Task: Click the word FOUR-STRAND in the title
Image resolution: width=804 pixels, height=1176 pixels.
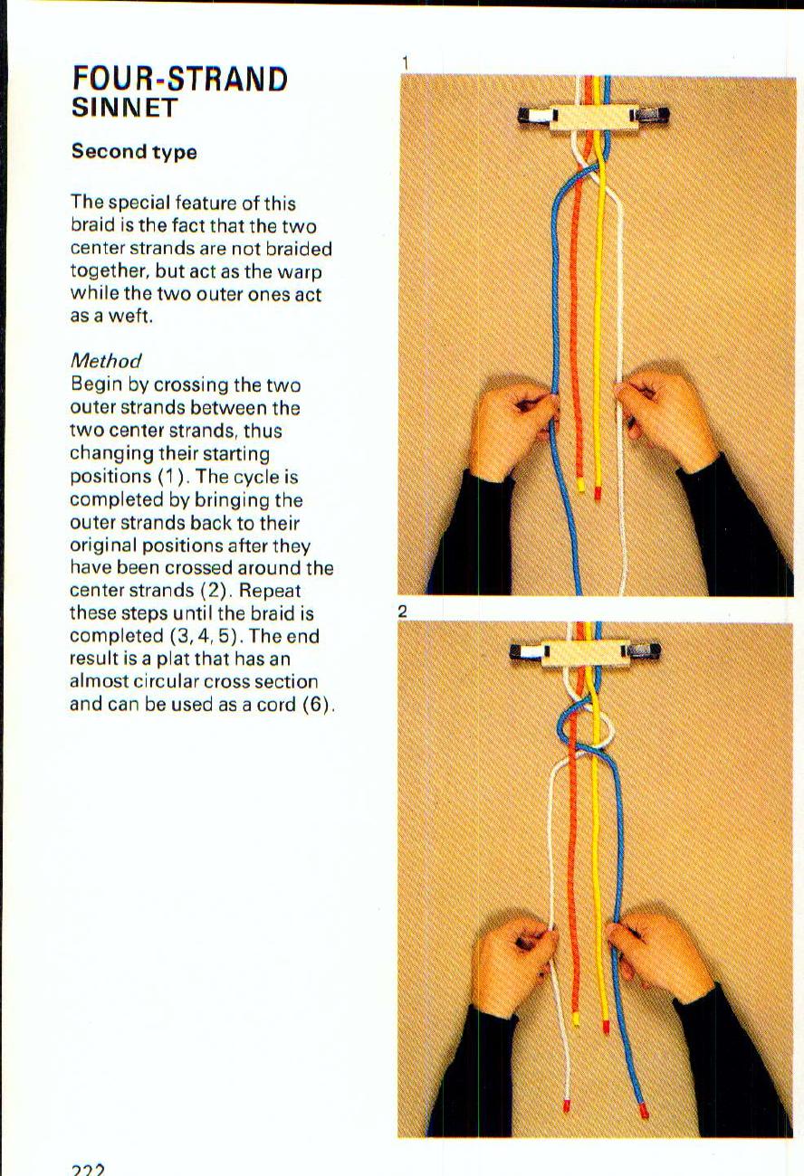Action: [x=179, y=80]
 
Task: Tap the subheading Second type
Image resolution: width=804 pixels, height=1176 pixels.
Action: [x=134, y=152]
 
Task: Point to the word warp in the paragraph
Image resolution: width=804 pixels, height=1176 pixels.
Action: [x=302, y=271]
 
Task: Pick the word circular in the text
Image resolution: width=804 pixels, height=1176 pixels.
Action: [x=159, y=682]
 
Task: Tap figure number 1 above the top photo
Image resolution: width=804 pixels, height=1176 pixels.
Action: [x=406, y=62]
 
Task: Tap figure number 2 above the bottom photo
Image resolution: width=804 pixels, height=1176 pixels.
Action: [x=404, y=612]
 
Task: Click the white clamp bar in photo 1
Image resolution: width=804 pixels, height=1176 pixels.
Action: [x=593, y=115]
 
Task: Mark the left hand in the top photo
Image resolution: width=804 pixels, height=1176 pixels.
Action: [x=510, y=430]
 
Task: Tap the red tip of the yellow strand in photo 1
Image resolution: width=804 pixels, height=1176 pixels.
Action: [x=598, y=493]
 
